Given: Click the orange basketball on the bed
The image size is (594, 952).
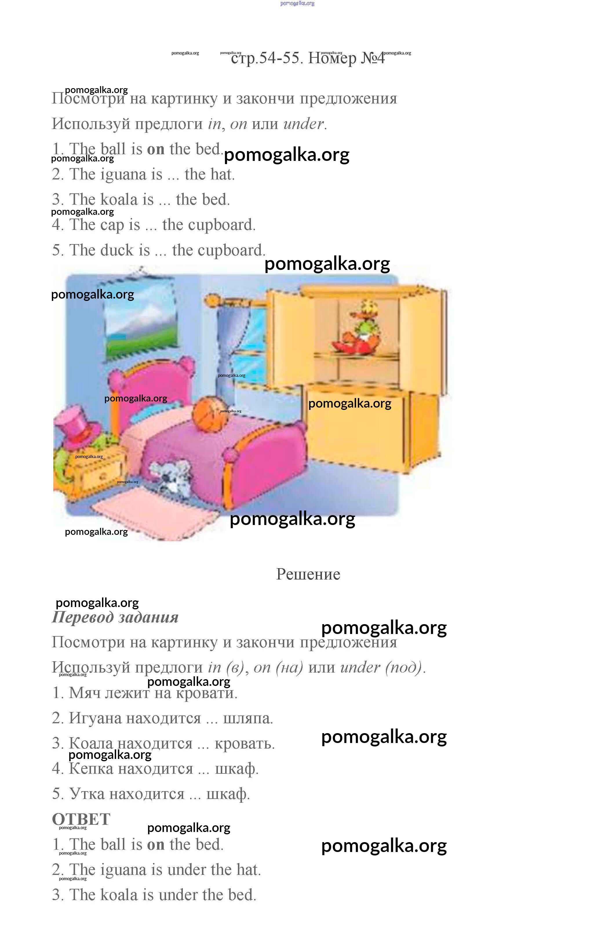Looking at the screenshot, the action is pyautogui.click(x=210, y=415).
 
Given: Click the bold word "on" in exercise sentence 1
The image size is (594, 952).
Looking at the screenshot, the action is pyautogui.click(x=156, y=149).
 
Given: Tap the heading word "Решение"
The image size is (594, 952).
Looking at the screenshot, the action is pyautogui.click(x=308, y=575).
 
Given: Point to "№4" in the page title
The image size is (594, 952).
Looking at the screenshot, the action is pyautogui.click(x=373, y=58).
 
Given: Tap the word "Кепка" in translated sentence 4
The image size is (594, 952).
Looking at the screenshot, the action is pyautogui.click(x=91, y=768).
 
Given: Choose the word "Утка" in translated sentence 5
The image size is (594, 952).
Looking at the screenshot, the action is pyautogui.click(x=87, y=794).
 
